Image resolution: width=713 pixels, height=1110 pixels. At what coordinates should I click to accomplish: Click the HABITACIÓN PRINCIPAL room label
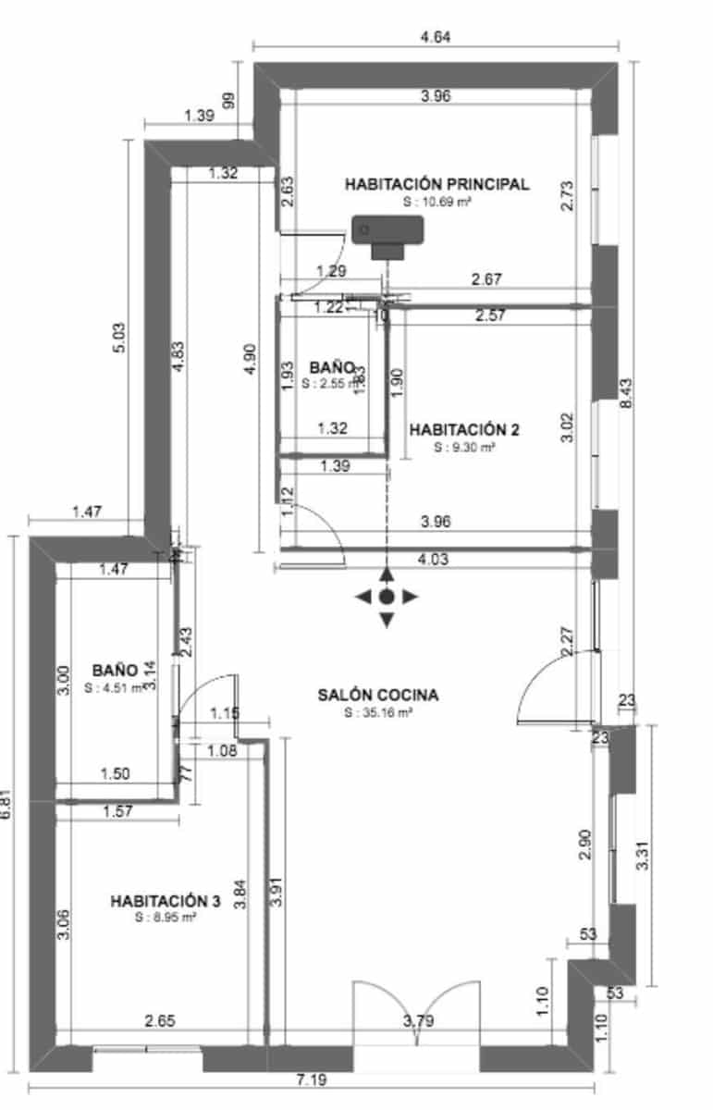click(x=436, y=184)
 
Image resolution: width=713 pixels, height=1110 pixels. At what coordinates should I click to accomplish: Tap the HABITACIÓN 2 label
click(x=464, y=429)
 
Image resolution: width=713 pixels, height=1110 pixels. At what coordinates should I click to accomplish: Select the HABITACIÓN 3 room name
click(x=165, y=900)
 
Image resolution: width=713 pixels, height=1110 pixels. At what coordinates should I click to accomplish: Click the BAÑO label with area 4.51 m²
click(x=115, y=670)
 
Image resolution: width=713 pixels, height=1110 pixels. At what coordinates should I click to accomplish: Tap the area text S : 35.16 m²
click(x=377, y=713)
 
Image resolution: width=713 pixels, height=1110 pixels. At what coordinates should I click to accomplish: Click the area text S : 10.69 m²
click(x=436, y=201)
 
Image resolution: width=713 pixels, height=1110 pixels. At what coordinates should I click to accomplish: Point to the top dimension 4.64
click(x=436, y=38)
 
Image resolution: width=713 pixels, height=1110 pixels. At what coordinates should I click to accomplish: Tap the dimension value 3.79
click(x=420, y=1022)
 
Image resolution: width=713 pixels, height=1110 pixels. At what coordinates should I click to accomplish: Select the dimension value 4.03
click(x=435, y=559)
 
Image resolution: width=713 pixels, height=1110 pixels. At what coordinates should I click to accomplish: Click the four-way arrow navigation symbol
click(x=387, y=597)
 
